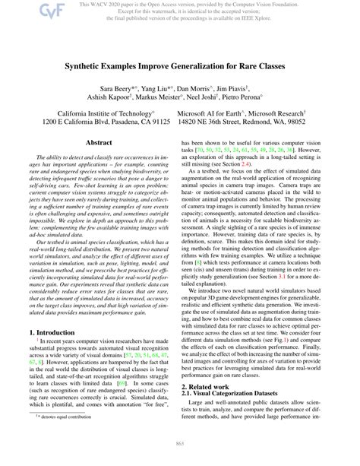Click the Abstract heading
(99, 142)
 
